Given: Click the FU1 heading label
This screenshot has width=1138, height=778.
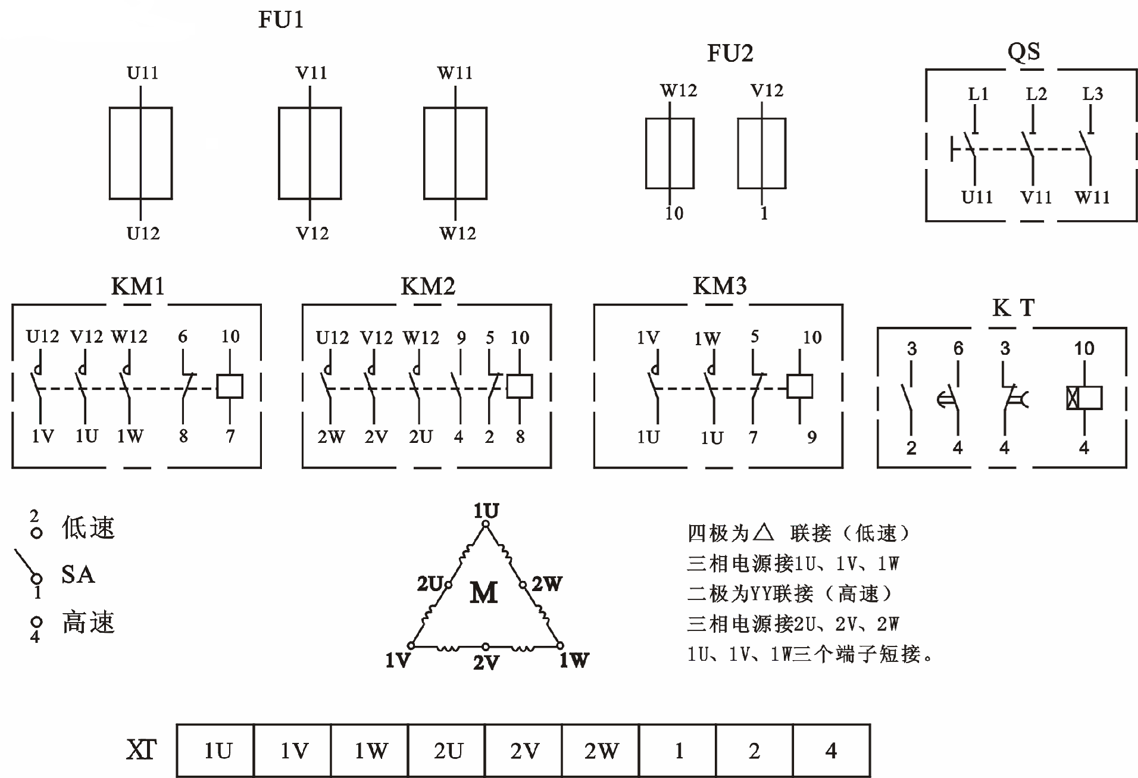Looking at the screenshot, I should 280,20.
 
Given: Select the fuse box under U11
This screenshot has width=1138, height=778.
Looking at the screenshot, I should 140,153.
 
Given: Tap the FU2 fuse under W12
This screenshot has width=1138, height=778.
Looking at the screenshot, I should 670,153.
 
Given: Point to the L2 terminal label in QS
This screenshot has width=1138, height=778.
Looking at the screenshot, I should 1036,93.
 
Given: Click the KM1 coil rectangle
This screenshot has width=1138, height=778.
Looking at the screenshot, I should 230,386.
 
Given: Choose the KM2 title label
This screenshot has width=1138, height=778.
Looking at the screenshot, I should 427,287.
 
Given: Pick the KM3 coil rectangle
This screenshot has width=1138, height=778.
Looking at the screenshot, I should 799,386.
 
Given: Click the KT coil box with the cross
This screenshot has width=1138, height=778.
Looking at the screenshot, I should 1084,398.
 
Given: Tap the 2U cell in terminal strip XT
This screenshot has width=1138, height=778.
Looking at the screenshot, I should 448,751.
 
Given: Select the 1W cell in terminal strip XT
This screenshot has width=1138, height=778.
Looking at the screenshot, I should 371,751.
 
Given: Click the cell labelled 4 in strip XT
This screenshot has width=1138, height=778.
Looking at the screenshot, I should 831,751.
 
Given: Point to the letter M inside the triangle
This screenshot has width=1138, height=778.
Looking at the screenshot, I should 483,593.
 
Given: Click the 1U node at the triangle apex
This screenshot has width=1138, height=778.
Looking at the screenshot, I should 486,524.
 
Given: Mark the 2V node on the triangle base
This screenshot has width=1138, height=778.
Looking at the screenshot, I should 486,646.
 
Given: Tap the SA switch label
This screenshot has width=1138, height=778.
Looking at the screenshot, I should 78,574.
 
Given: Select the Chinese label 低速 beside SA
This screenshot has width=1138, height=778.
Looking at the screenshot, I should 88,528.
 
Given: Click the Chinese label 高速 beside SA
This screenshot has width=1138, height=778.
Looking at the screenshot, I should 88,623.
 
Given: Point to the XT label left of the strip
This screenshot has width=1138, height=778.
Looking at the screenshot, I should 141,750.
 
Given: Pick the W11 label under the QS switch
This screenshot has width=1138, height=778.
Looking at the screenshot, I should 1092,197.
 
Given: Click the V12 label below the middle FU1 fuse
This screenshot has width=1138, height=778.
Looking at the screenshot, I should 312,233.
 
